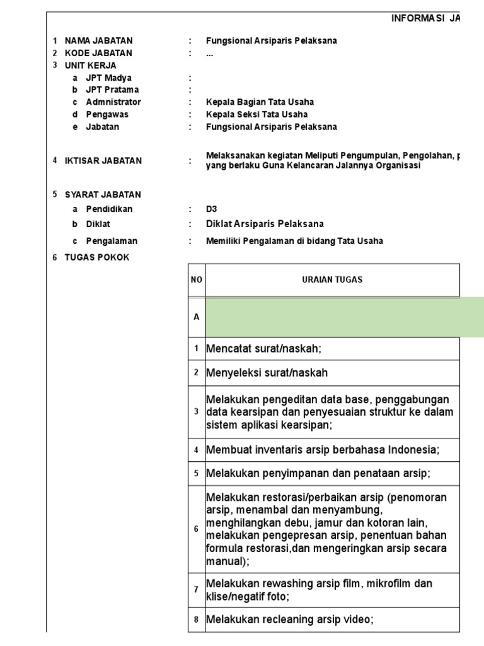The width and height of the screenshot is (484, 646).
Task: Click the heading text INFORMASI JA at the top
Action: (425, 20)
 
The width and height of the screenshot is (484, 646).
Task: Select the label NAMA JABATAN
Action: (99, 41)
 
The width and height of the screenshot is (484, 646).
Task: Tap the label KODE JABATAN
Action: (99, 53)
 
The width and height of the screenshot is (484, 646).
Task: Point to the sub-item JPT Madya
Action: (109, 78)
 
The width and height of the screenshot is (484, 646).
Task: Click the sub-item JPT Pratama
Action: (112, 90)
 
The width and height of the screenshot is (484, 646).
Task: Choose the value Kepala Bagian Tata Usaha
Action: (260, 102)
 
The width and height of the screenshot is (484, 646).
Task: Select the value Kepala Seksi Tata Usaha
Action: (256, 115)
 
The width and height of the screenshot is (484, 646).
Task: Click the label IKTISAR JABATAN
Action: (103, 161)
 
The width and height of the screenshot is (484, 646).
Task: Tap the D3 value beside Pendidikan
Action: (211, 209)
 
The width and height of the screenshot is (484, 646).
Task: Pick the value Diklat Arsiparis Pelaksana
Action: (265, 225)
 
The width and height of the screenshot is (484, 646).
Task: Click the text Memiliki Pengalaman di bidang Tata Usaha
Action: (294, 241)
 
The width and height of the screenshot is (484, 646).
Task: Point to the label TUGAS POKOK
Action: (97, 257)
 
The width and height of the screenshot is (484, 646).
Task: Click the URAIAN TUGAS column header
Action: (332, 280)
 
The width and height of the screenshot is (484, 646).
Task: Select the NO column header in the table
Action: (196, 280)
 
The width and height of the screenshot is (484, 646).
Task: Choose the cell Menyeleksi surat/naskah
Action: (267, 373)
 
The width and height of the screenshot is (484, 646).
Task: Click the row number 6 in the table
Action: (196, 529)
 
